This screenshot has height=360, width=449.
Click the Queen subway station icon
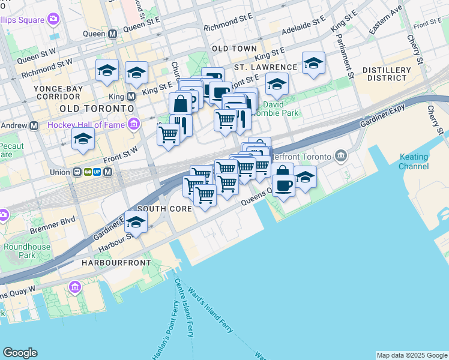[x=112, y=34]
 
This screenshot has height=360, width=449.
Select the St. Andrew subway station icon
[x=34, y=126]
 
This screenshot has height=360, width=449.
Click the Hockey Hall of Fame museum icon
[x=134, y=125]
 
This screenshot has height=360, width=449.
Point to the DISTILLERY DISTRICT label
[x=389, y=74]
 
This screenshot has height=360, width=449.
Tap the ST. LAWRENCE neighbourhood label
[x=265, y=67]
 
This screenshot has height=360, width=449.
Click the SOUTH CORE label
[x=164, y=209]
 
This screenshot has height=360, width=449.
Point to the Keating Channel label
[x=414, y=161]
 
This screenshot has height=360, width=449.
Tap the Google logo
[x=20, y=353]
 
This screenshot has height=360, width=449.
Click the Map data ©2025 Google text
[x=411, y=355]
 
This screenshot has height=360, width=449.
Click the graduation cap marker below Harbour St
[x=136, y=223]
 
